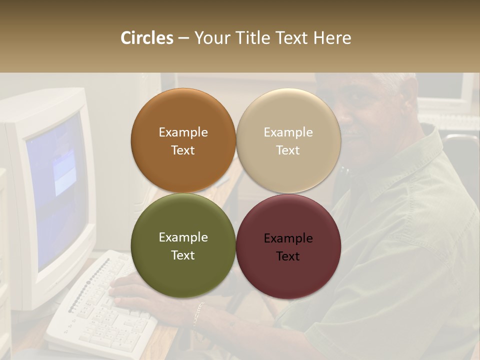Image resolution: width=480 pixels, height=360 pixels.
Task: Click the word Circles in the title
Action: [x=147, y=38]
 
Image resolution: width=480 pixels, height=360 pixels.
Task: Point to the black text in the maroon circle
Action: [x=288, y=247]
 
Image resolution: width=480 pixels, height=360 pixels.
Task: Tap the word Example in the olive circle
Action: [x=183, y=237]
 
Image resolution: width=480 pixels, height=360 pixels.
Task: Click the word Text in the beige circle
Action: [x=288, y=150]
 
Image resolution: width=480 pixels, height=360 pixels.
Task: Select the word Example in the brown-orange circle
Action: [x=183, y=132]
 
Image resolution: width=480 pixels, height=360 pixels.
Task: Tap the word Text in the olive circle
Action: [x=183, y=255]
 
